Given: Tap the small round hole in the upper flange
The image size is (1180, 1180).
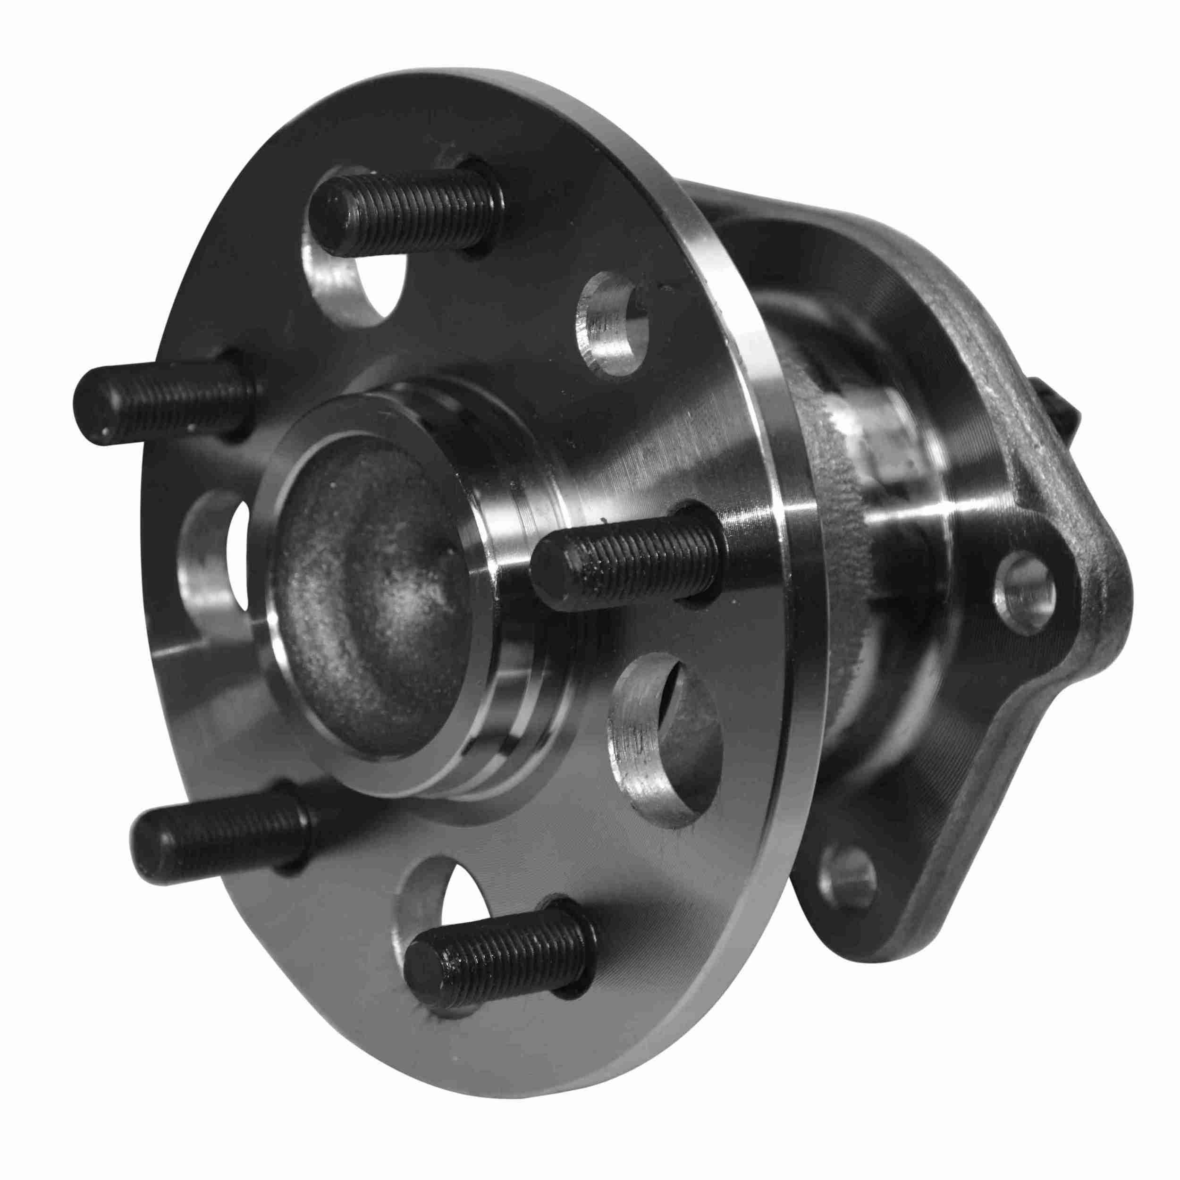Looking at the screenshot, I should pyautogui.click(x=611, y=320).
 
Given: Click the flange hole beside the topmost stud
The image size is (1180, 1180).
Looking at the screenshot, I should pyautogui.click(x=354, y=278).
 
